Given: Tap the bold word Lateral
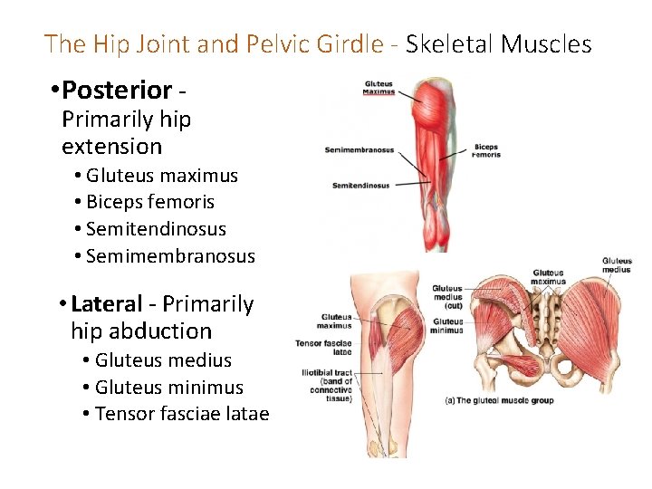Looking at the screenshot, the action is coord(107,304).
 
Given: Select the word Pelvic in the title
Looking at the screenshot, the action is coord(267,43).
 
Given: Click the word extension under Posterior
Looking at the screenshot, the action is coord(111,146).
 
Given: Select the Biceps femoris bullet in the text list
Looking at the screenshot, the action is coord(149,202).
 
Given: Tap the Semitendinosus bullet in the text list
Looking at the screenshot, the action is coord(156,229).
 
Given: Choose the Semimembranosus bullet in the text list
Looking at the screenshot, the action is coord(170,256).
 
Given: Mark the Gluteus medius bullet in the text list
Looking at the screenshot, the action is coord(163,360).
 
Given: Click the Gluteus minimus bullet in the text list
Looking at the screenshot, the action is coord(168,388).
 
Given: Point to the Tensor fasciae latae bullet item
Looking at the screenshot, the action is coord(181,415).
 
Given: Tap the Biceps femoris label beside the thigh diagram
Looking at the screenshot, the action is coord(485,150).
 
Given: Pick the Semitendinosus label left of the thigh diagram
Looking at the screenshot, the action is coord(360,186).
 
